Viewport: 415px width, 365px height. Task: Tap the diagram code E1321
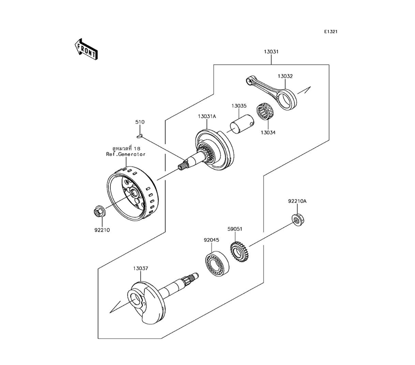click(331, 32)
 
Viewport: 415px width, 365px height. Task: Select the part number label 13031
click(271, 52)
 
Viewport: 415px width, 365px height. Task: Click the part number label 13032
click(285, 76)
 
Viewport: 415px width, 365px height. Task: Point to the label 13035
click(239, 106)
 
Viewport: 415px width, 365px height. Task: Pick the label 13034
click(268, 132)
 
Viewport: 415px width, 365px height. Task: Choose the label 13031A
click(207, 116)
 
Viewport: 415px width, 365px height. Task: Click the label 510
click(140, 122)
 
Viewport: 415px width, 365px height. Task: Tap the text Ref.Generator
click(126, 154)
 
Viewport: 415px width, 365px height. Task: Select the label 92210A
click(297, 201)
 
